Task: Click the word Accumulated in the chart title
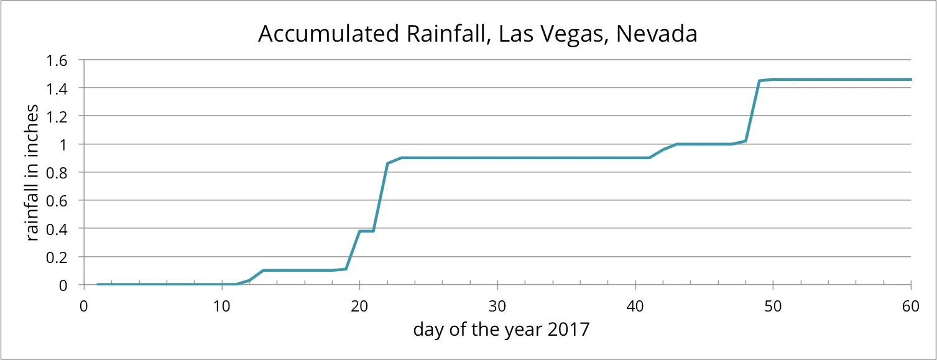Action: pyautogui.click(x=324, y=35)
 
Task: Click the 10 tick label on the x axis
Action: pyautogui.click(x=221, y=306)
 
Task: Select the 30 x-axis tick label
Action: pyautogui.click(x=497, y=306)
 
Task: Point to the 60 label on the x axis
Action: pyautogui.click(x=910, y=306)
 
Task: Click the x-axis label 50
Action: pyautogui.click(x=773, y=306)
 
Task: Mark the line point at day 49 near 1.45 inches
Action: pyautogui.click(x=759, y=81)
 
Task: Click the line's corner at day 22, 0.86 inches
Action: pyautogui.click(x=387, y=164)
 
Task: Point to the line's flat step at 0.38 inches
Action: pyautogui.click(x=366, y=231)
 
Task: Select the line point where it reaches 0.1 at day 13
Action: pyautogui.click(x=263, y=270)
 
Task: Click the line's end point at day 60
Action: pyautogui.click(x=910, y=80)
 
